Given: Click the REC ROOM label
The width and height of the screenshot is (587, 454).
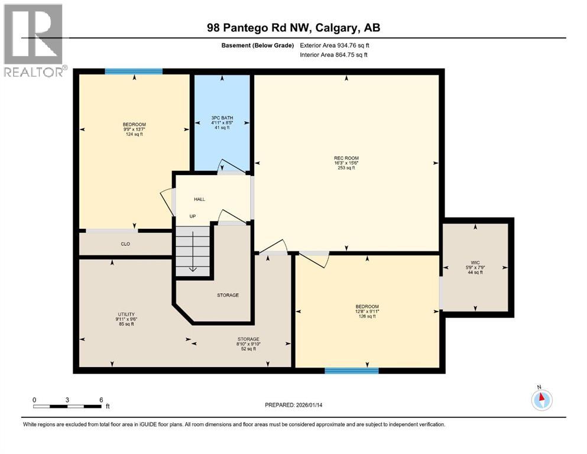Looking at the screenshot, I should pos(346,158).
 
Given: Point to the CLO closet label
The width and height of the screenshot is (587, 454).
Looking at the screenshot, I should pos(125,244).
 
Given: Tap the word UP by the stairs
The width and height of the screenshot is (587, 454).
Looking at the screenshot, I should pos(193,216).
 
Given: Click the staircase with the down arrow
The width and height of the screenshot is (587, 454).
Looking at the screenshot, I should pos(193,251).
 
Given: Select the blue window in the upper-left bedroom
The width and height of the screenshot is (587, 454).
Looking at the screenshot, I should pos(134,72).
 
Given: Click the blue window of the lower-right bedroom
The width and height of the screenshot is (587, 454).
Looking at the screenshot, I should pos(351,371).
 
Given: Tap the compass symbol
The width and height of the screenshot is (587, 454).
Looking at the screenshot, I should pos(541,400).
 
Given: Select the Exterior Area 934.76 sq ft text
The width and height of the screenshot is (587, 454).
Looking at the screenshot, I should pos(335,45).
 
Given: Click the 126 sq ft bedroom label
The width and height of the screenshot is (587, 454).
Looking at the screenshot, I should pos(367,316).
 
